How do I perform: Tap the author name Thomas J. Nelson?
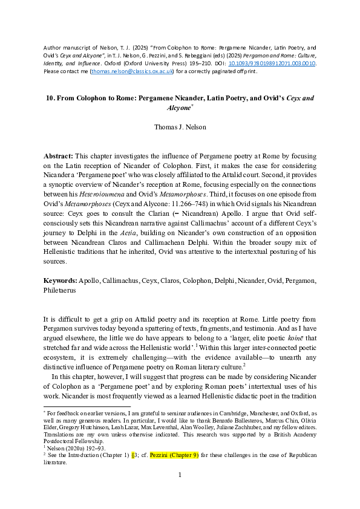click(x=180, y=128)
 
